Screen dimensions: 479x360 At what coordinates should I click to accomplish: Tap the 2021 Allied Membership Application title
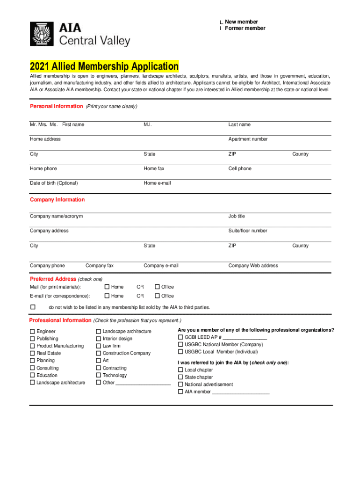click(x=104, y=66)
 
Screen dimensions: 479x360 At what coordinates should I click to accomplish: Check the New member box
click(x=222, y=22)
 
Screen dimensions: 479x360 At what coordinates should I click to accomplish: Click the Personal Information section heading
click(x=56, y=106)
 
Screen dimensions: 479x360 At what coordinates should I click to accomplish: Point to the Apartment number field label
click(x=248, y=139)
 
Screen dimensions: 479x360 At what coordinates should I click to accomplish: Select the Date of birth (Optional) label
click(x=54, y=183)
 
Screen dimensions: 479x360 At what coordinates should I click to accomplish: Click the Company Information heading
click(x=58, y=200)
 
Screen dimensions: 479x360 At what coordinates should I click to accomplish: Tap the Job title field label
click(x=237, y=217)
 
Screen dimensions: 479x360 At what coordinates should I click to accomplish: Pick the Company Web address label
click(x=253, y=266)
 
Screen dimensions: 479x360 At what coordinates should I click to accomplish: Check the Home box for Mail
click(x=107, y=287)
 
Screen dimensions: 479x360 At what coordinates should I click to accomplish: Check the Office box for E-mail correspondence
click(x=158, y=296)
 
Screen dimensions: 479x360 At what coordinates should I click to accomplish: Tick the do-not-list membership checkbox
click(x=33, y=307)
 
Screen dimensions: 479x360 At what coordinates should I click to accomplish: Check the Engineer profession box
click(x=32, y=332)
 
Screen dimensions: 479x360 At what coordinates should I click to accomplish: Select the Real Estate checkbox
click(x=32, y=353)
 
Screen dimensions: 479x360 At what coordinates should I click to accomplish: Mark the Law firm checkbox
click(x=99, y=346)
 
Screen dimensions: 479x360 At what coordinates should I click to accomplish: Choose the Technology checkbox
click(x=99, y=375)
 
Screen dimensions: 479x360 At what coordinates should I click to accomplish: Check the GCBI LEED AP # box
click(x=180, y=337)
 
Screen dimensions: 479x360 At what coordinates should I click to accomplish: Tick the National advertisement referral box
click(x=180, y=385)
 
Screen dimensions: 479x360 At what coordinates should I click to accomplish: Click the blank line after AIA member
click(x=241, y=393)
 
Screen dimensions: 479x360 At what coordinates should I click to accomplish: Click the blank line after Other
click(x=143, y=384)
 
